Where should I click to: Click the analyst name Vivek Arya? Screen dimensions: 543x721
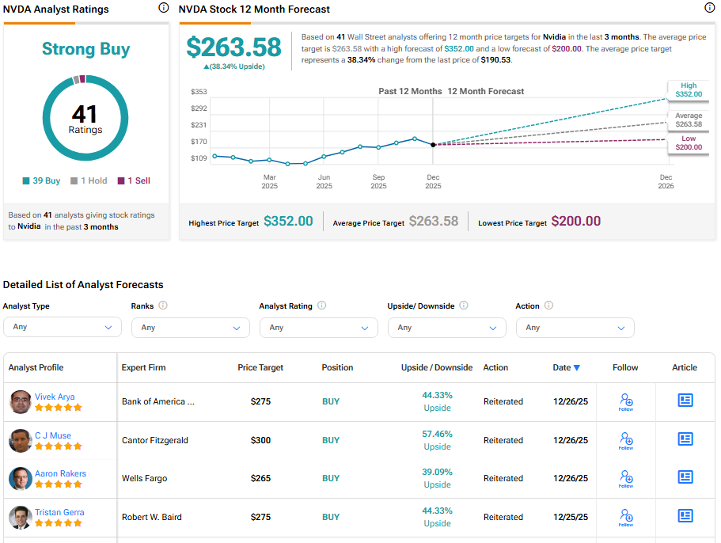coord(55,397)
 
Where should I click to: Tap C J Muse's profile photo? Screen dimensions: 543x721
coord(21,440)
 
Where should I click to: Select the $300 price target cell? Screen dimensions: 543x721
coord(260,440)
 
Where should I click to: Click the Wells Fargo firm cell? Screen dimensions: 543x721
coord(144,478)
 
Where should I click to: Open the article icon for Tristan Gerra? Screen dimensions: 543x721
coord(685,516)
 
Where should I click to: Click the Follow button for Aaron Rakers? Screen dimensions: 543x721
coord(626,478)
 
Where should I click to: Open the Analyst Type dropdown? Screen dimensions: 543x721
coord(63,327)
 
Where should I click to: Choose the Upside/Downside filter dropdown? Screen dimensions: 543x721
coord(447,327)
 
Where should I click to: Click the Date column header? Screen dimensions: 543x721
coord(566,367)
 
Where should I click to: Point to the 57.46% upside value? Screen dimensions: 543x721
coord(437,435)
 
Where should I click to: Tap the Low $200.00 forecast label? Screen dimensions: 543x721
coord(688,143)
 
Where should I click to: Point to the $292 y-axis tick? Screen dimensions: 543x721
coord(199,108)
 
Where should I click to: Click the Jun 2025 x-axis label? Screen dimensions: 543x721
coord(324,182)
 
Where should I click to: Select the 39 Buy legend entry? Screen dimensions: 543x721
coord(41,180)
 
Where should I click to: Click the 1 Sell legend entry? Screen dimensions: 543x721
coord(134,180)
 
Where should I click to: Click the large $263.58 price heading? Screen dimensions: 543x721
coord(233,47)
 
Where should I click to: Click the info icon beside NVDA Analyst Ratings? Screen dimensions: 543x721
coord(163,8)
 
